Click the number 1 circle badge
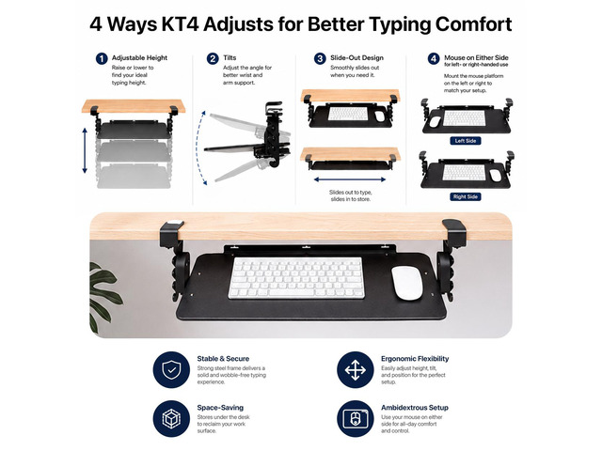(x=102, y=58)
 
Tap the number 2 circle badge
(x=213, y=58)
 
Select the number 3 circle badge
(x=320, y=58)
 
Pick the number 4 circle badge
(x=434, y=58)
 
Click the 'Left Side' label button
(x=466, y=141)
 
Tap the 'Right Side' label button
(x=466, y=196)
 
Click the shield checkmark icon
(x=171, y=370)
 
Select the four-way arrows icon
(x=356, y=370)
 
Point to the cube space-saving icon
(x=171, y=419)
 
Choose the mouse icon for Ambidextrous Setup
(x=356, y=419)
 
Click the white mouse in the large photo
(x=407, y=283)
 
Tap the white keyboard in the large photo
(x=296, y=278)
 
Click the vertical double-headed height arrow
(x=85, y=150)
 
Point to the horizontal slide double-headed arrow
(x=350, y=179)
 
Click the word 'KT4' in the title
(x=180, y=24)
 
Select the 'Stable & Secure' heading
(x=223, y=359)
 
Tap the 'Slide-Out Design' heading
(x=356, y=58)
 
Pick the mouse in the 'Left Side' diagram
(x=435, y=122)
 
